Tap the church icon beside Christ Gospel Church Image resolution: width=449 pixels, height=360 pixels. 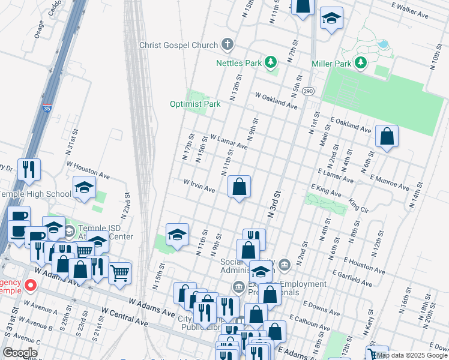[x=228, y=44]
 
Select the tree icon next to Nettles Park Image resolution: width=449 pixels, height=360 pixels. [x=271, y=62]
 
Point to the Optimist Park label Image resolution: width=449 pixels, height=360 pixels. [x=195, y=104]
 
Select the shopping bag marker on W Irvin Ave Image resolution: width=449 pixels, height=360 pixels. [x=240, y=187]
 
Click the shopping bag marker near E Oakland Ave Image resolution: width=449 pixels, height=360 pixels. [x=387, y=137]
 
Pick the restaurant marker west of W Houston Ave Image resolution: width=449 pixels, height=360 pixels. [x=29, y=170]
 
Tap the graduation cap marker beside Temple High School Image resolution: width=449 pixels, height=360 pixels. [x=84, y=188]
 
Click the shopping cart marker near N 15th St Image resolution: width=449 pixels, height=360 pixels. [x=120, y=274]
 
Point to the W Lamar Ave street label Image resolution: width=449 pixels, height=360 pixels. [x=229, y=142]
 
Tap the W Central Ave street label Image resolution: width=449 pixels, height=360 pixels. [x=125, y=317]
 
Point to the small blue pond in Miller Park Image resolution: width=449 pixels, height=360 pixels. [x=382, y=44]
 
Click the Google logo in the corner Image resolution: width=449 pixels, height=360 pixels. [x=20, y=353]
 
